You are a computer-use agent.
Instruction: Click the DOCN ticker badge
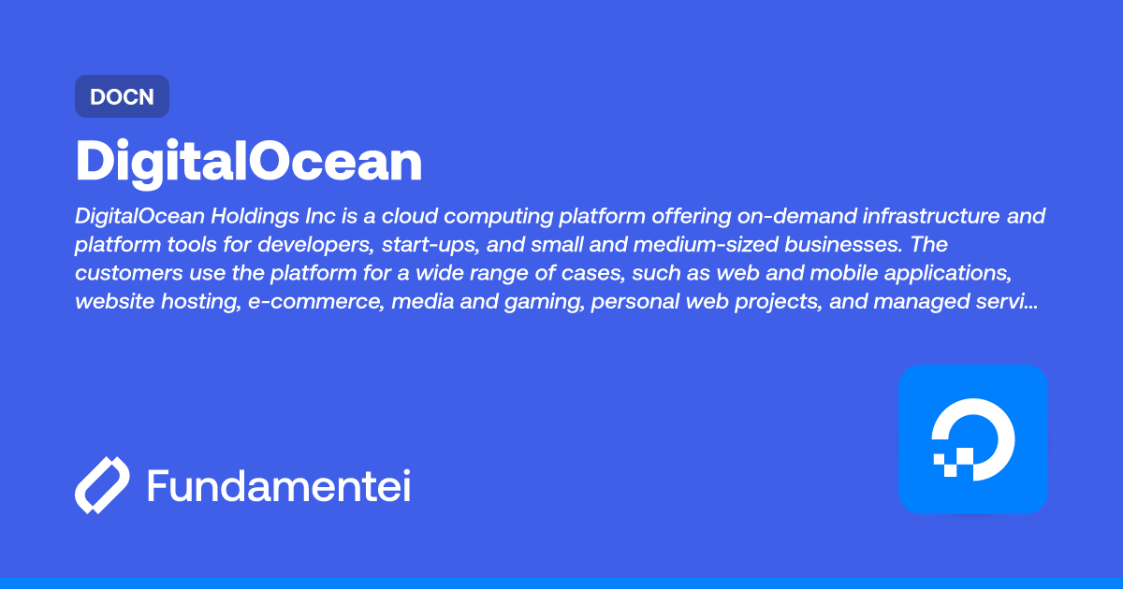tap(122, 96)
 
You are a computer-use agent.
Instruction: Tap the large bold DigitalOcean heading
tap(249, 163)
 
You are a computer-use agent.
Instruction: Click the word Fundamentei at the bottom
tap(279, 486)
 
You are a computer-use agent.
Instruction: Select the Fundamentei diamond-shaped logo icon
tap(101, 486)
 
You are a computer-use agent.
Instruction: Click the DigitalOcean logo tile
tap(972, 438)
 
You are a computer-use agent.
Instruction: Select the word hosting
tap(194, 302)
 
